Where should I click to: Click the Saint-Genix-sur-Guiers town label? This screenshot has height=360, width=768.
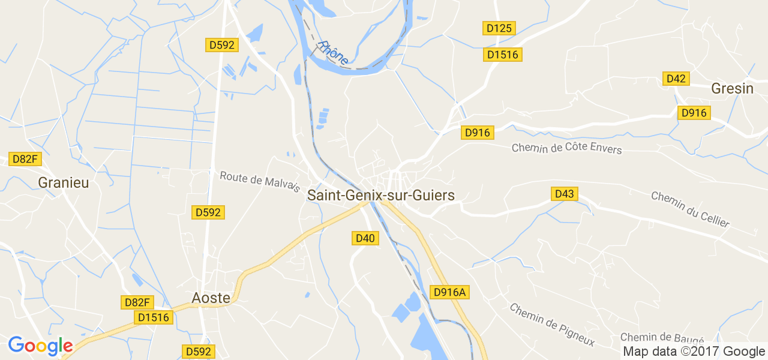pos(381,195)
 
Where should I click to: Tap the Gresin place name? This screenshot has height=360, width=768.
pos(732,89)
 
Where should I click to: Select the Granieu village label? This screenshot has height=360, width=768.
pos(63,182)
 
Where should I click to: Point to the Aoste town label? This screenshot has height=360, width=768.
pos(211,298)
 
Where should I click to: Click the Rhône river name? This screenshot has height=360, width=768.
pos(334,53)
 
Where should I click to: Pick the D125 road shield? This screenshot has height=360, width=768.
pos(499,28)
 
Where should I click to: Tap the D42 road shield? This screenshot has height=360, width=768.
pos(676,79)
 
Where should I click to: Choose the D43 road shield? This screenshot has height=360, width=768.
pos(565,194)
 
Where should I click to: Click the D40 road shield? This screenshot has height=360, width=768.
pos(365,238)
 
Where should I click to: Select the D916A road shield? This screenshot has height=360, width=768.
pos(450,292)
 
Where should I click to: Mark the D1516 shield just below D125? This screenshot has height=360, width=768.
pos(503,55)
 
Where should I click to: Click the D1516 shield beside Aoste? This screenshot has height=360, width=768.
pos(154,317)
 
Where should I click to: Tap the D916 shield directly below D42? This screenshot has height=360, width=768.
pos(694,112)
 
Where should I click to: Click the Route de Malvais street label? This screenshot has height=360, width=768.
pos(260,181)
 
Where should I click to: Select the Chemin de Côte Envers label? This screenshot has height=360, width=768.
pos(566,148)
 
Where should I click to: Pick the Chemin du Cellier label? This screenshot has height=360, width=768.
pos(690,209)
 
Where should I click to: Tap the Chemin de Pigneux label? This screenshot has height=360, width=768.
pos(551,325)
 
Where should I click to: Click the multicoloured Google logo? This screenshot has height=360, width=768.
pos(40,346)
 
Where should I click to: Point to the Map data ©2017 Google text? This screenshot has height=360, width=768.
pos(694,352)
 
